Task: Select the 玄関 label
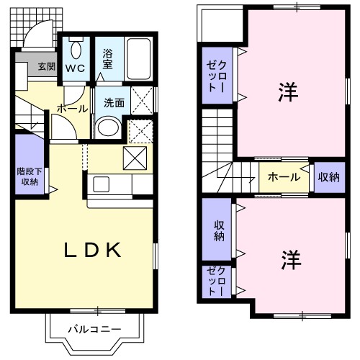click(x=46, y=67)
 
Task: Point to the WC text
click(x=76, y=69)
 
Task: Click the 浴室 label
click(x=108, y=58)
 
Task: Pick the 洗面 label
click(x=114, y=102)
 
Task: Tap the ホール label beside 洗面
click(x=72, y=109)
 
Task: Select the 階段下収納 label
click(x=28, y=177)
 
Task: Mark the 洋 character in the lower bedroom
click(x=290, y=258)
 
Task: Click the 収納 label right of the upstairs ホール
click(x=328, y=176)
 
